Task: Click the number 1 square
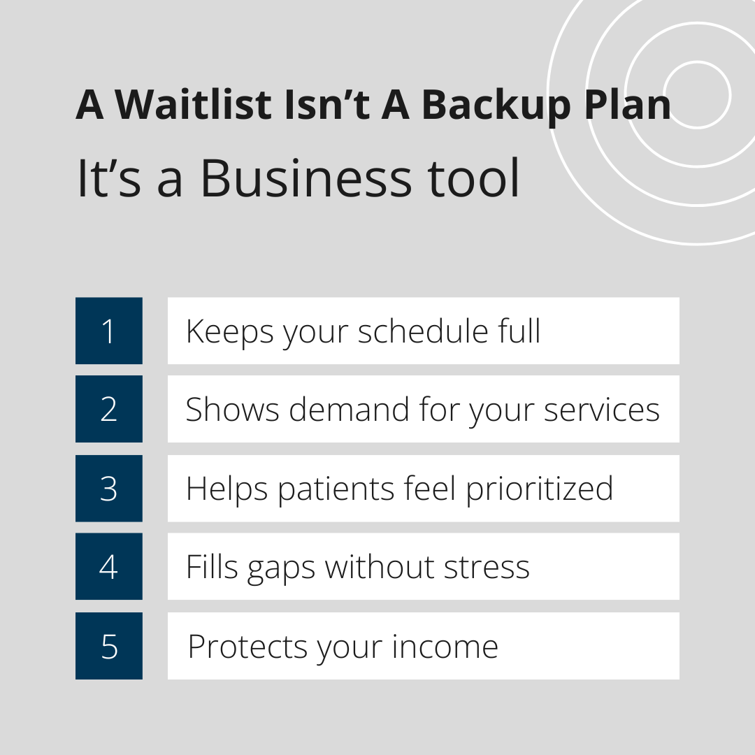pyautogui.click(x=109, y=331)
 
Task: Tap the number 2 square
pyautogui.click(x=109, y=409)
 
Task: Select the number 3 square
pyautogui.click(x=109, y=488)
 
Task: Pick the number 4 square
pyautogui.click(x=109, y=566)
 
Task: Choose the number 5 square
pyautogui.click(x=109, y=646)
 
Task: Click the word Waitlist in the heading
pyautogui.click(x=194, y=104)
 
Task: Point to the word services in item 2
pyautogui.click(x=602, y=410)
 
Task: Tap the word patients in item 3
pyautogui.click(x=336, y=490)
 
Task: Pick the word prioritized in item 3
pyautogui.click(x=540, y=490)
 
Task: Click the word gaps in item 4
pyautogui.click(x=281, y=569)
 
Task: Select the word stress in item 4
pyautogui.click(x=487, y=567)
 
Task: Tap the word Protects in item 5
pyautogui.click(x=247, y=647)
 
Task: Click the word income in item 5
pyautogui.click(x=445, y=647)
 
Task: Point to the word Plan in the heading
pyautogui.click(x=627, y=104)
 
